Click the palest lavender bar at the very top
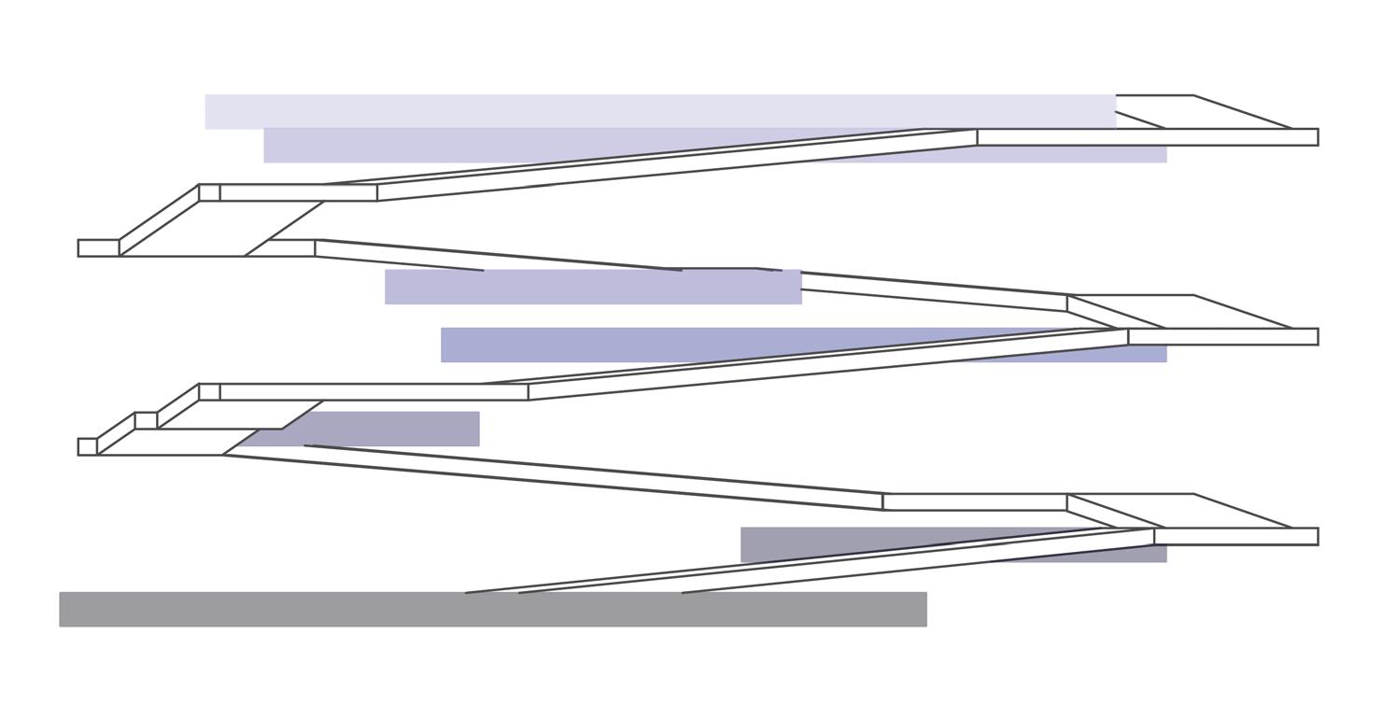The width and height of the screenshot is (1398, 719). [654, 110]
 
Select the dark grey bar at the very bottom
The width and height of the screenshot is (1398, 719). [492, 609]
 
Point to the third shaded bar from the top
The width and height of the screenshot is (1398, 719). [592, 287]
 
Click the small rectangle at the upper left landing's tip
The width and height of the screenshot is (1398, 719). [98, 247]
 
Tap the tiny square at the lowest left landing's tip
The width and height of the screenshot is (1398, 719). [87, 446]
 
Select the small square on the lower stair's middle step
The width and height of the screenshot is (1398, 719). [146, 420]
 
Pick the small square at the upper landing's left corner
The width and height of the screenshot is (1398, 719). [209, 192]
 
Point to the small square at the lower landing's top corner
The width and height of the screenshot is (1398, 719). [209, 391]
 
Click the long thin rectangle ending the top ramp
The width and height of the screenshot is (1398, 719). [1147, 137]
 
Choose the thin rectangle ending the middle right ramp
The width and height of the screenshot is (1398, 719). [1222, 336]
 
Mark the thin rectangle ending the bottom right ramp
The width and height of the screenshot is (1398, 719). [1236, 536]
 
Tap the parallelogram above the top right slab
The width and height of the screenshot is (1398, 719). [1205, 112]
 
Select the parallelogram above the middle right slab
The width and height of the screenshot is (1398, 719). [1181, 312]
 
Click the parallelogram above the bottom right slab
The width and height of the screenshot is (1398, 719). [1181, 511]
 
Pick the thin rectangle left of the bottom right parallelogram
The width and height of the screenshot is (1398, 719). [974, 502]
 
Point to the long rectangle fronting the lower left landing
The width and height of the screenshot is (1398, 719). [374, 392]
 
